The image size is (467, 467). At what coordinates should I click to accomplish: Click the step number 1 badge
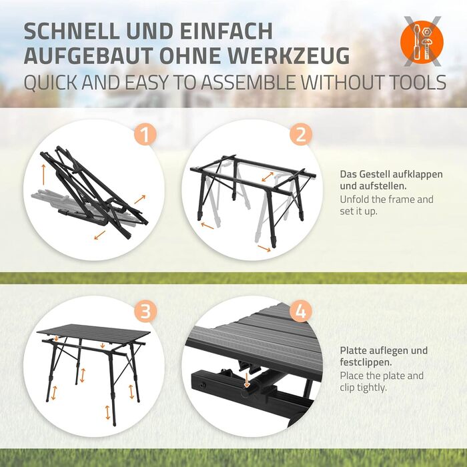coord(145,134)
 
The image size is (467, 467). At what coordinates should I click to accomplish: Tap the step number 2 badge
coord(301,134)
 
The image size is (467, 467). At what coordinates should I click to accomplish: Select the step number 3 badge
coord(145,312)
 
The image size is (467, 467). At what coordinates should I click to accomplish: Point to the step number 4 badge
coord(301,312)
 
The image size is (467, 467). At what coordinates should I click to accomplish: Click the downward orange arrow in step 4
coord(247,380)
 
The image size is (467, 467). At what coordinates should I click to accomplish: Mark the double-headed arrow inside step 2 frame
coord(268,177)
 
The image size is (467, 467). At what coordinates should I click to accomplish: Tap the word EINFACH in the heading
coord(226,31)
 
